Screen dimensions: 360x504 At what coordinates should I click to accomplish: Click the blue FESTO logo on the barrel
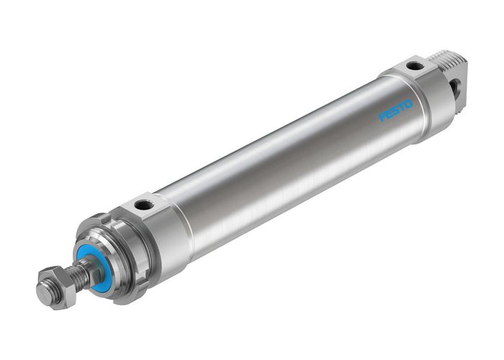point(396,110)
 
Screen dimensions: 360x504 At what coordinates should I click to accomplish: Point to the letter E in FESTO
point(390,114)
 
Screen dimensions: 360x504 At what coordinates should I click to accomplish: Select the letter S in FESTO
point(396,110)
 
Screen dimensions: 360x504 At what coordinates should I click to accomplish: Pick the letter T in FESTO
point(402,107)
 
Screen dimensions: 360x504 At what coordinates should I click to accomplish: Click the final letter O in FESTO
point(409,103)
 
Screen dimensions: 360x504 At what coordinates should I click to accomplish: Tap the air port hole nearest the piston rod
point(143,205)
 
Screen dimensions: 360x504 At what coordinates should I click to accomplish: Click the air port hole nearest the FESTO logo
point(415,66)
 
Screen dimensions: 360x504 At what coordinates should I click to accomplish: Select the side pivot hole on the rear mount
point(456,87)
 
